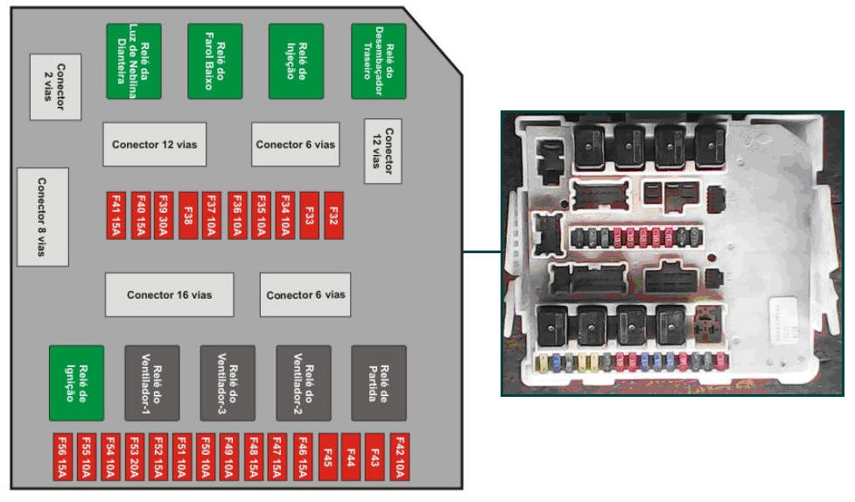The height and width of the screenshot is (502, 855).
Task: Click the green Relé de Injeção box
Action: click(296, 60)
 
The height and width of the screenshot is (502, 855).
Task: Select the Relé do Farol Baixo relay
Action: click(215, 60)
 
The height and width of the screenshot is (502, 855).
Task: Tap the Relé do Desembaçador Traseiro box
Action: click(379, 60)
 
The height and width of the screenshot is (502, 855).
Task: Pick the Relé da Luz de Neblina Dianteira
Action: click(134, 60)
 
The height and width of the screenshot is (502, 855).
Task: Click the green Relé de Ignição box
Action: click(77, 383)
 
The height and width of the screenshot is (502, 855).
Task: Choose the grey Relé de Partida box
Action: click(379, 383)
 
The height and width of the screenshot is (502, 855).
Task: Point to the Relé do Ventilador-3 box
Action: click(228, 383)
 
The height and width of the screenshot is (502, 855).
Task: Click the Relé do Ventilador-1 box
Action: click(152, 383)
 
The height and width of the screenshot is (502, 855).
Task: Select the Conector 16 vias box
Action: click(170, 294)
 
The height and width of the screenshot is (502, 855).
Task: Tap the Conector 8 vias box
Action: click(42, 216)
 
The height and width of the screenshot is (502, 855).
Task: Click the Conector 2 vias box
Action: click(55, 87)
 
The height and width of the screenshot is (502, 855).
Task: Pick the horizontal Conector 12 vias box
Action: click(155, 145)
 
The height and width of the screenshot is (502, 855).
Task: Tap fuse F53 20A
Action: click(135, 456)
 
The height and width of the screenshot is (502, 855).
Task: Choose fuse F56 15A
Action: click(63, 456)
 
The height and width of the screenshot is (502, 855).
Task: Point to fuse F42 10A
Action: click(398, 456)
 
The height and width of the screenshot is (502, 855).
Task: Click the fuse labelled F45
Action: click(327, 456)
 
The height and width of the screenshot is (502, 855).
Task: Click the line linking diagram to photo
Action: click(481, 253)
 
